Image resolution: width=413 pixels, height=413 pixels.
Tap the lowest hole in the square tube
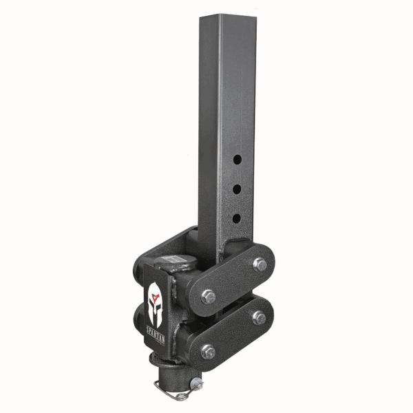pos(236,218)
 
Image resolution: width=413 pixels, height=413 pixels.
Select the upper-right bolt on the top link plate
pos(260,264)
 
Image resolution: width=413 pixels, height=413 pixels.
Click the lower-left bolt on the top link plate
pos(209,297)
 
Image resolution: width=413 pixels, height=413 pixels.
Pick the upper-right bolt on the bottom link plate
pos(259,317)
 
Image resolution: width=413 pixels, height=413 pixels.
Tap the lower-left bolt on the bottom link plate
pos(207,351)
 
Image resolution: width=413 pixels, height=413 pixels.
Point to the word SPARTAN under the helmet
pos(153,339)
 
